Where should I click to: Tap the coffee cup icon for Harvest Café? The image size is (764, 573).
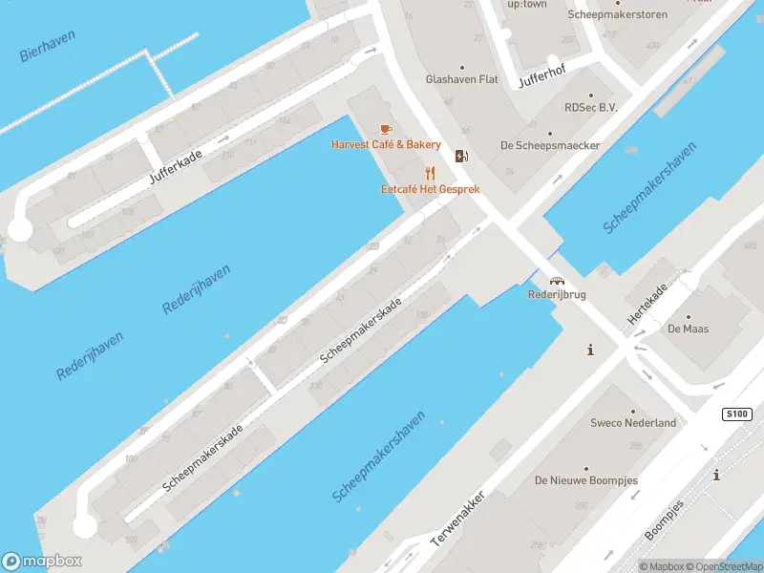[x=386, y=129]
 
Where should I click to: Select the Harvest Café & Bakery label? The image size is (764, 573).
[x=386, y=145]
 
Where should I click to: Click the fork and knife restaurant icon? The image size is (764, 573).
[x=430, y=173]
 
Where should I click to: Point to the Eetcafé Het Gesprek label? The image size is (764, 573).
[x=430, y=189]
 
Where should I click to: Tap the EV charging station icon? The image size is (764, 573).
[x=462, y=157]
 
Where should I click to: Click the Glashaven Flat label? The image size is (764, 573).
[x=462, y=80]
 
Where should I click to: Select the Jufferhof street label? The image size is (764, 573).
[x=542, y=79]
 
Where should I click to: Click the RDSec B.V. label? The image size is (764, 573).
[x=591, y=108]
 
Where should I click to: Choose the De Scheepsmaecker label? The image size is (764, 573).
[x=549, y=145]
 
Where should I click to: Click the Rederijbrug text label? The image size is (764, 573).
[x=557, y=295]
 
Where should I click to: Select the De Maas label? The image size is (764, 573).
[x=688, y=329]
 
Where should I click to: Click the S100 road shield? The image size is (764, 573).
[x=736, y=414]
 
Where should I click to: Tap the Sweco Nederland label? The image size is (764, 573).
[x=632, y=423]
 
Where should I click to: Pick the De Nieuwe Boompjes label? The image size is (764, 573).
[x=585, y=480]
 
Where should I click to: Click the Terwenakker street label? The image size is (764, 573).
[x=458, y=520]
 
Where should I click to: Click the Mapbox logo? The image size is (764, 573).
[x=42, y=562]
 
